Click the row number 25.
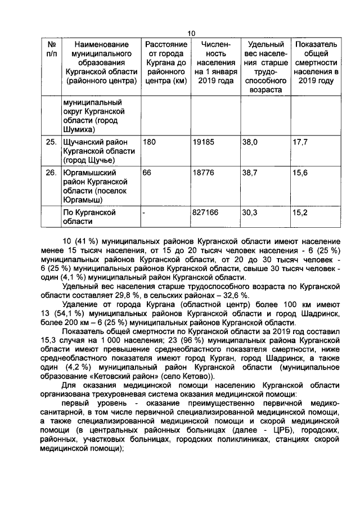(x=51, y=143)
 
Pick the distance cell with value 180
(x=150, y=143)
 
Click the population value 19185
(x=204, y=143)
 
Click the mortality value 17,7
(x=300, y=143)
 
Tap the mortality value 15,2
(x=300, y=213)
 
